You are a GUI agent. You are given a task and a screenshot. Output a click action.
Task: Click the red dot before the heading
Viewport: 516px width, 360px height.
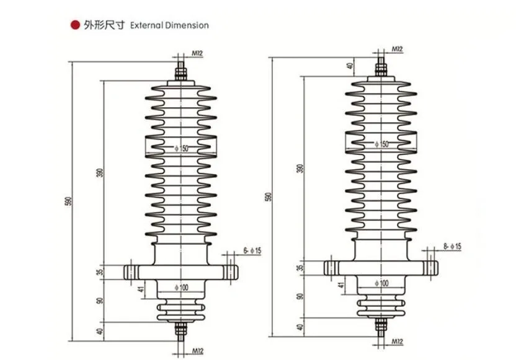[76, 25]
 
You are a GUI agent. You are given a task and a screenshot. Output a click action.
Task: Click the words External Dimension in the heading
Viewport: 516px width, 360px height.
[169, 25]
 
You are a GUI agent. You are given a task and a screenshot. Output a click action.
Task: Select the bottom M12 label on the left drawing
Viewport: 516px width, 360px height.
[198, 351]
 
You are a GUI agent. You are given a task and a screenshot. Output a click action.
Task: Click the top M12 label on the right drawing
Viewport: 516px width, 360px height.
[397, 49]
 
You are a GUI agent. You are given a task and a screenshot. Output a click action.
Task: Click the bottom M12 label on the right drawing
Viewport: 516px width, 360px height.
[397, 341]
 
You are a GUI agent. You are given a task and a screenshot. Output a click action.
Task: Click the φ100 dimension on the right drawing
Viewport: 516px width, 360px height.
[381, 283]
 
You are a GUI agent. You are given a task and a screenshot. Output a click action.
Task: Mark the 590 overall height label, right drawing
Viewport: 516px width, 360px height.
[269, 196]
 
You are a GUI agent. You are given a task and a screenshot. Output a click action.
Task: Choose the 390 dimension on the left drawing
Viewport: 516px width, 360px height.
[100, 173]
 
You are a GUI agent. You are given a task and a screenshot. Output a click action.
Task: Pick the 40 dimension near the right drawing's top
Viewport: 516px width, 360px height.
[350, 65]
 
